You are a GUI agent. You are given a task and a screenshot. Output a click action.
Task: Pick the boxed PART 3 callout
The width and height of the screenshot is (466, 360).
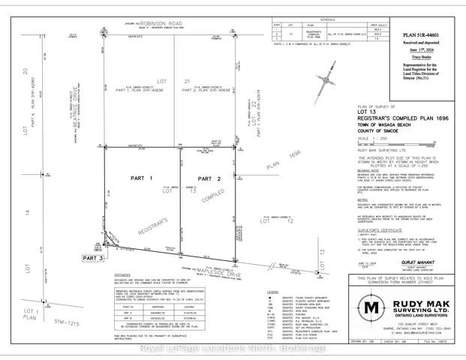coord(66,257)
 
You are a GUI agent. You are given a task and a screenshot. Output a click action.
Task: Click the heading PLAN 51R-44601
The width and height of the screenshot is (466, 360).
coord(421,35)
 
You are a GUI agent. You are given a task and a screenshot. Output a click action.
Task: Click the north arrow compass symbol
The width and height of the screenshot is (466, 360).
coord(328,77)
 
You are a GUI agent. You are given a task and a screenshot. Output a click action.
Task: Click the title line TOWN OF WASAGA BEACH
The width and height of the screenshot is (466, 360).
coord(383,125)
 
